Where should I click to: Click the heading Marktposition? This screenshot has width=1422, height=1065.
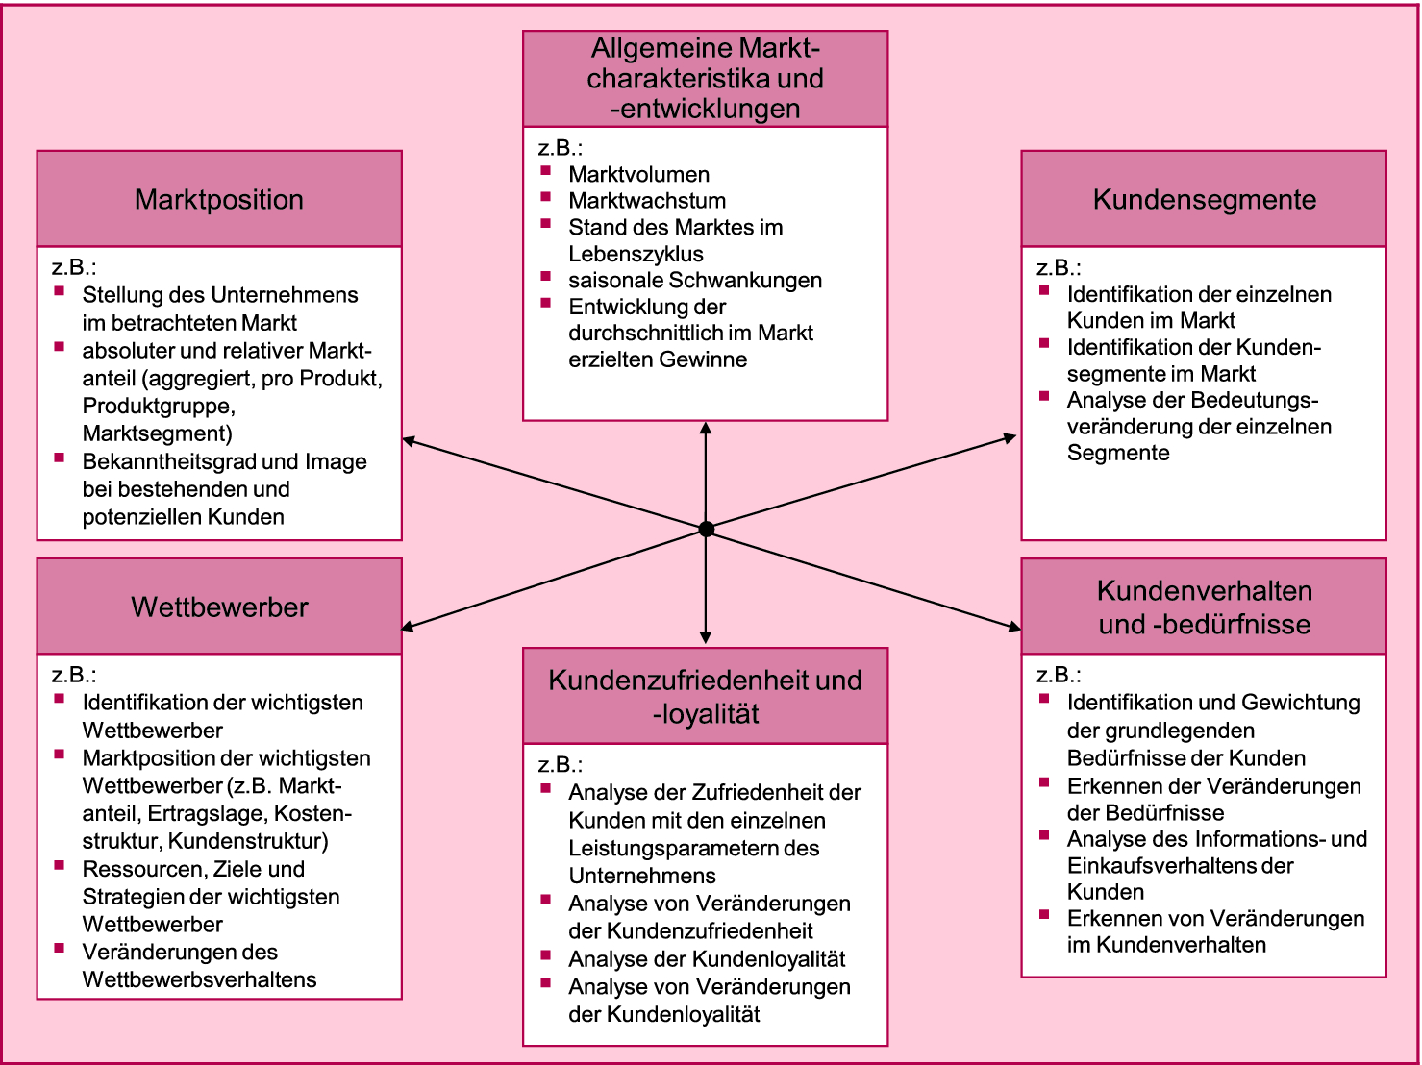tap(219, 200)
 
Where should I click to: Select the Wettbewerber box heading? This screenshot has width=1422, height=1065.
tap(219, 607)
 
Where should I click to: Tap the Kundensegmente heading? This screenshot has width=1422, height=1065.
tap(1204, 200)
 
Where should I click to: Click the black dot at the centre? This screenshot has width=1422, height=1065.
tap(706, 529)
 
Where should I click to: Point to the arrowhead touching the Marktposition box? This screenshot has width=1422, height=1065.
tap(409, 441)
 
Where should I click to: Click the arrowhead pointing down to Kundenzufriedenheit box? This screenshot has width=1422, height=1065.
tap(706, 636)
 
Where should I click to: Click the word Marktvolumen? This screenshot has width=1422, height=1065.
tap(638, 175)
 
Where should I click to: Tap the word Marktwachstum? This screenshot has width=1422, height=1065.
tap(647, 201)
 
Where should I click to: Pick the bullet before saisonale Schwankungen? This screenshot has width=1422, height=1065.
tap(546, 276)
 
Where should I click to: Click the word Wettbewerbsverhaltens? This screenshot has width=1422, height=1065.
tap(199, 980)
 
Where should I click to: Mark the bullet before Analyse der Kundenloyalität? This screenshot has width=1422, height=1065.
tap(546, 955)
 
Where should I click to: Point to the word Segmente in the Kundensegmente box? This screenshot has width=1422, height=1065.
tap(1118, 454)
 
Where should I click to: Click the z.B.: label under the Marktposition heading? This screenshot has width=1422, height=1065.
tap(74, 268)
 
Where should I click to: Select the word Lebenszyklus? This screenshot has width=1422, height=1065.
tap(636, 255)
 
